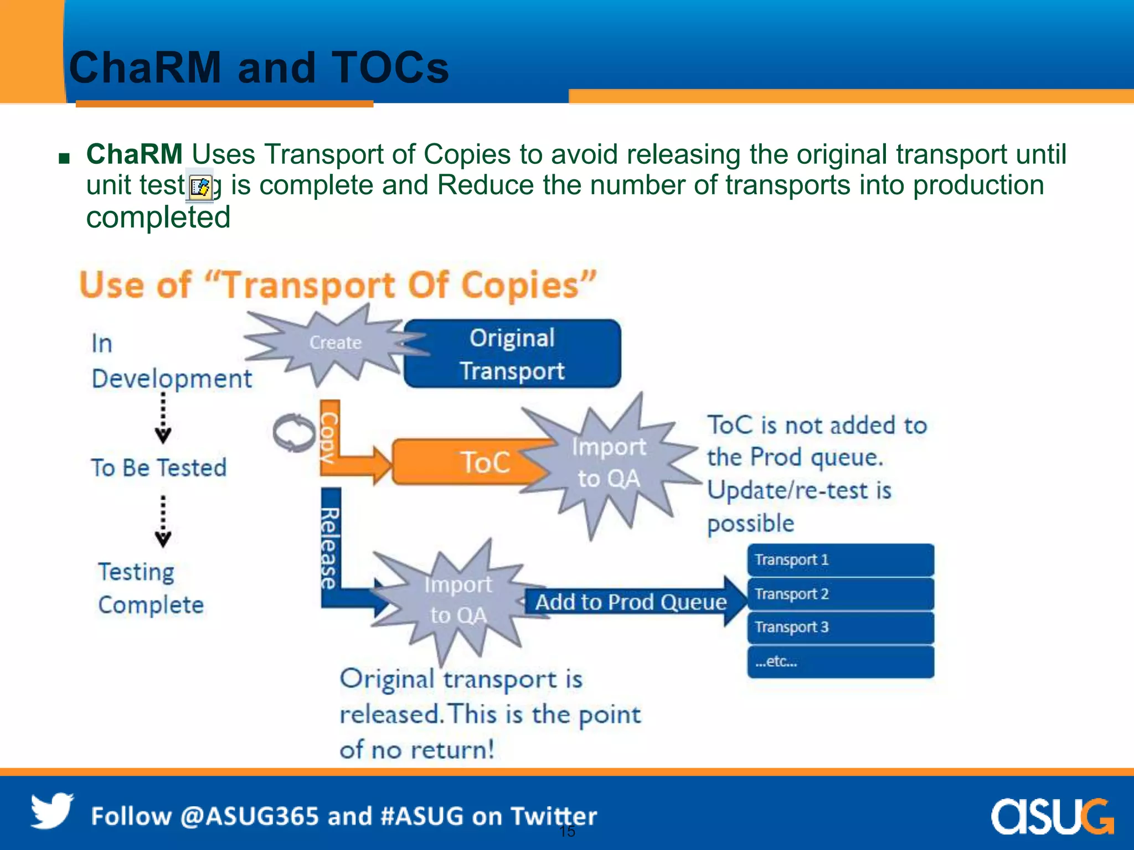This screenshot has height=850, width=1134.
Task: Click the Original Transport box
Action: pos(512,354)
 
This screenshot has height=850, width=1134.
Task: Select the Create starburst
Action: pos(334,343)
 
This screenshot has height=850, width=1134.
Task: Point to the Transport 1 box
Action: pos(840,560)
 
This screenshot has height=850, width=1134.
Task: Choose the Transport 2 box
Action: pos(840,594)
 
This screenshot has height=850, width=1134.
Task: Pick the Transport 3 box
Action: pos(840,628)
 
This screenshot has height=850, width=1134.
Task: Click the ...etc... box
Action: pos(840,661)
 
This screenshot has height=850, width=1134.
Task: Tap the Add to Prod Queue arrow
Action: pos(631,602)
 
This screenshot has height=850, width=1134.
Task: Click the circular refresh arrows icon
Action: pos(294,432)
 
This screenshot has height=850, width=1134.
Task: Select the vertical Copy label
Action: pos(329,437)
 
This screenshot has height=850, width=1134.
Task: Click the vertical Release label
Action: pos(331,548)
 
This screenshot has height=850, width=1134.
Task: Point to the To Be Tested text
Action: pos(159,468)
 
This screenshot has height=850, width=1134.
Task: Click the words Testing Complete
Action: pos(151,588)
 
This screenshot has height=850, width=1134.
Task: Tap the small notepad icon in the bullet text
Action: pos(199,187)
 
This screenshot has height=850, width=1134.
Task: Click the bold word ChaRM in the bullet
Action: pos(135,154)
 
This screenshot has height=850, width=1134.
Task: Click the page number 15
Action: pos(567,831)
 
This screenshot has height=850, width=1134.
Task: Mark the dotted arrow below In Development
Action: pos(163,418)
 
